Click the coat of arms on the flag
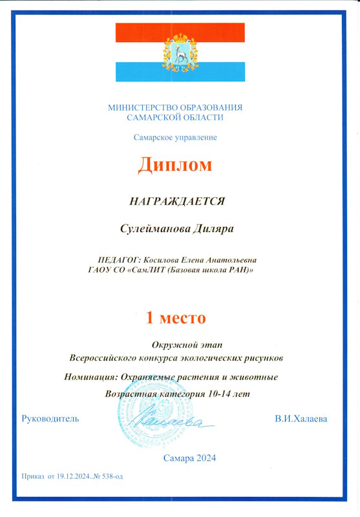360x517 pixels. click(180, 51)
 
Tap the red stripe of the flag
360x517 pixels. click(136, 32)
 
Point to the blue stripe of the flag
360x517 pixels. click(136, 70)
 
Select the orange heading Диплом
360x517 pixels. click(175, 165)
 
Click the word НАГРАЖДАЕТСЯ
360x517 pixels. click(177, 202)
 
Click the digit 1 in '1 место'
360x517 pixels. click(150, 317)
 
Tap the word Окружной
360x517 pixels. click(170, 346)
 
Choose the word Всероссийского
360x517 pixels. click(108, 357)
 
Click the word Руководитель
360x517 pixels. click(50, 419)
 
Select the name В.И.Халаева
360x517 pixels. click(301, 419)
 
